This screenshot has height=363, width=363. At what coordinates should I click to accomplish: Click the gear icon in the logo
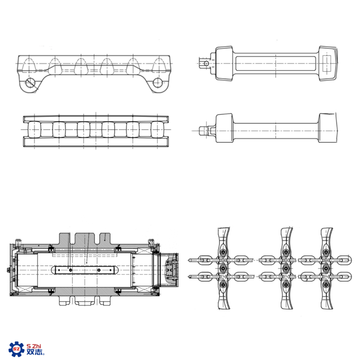(16, 349)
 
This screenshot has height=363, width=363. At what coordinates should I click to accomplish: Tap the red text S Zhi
(34, 346)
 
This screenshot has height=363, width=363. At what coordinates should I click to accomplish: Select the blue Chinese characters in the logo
(35, 352)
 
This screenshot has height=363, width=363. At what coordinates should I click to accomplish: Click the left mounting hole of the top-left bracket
(30, 83)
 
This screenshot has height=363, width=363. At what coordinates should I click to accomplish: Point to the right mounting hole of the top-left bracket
(157, 83)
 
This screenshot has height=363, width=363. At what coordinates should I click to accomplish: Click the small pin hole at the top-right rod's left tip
(206, 64)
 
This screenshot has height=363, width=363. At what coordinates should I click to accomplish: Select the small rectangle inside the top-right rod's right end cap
(327, 64)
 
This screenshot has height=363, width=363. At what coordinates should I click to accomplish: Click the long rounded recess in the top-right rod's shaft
(275, 64)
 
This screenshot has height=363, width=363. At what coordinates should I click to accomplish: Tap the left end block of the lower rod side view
(224, 128)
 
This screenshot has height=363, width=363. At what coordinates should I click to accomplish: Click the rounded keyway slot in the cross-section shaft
(85, 270)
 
